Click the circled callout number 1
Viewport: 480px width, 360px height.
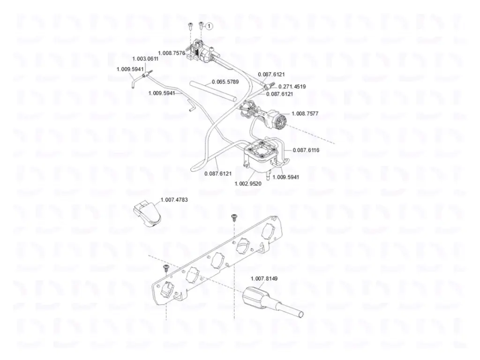tap(209, 27)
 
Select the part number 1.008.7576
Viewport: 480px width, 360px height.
tap(172, 53)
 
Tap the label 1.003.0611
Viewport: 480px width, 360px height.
tap(145, 59)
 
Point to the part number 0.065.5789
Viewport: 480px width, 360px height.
tap(225, 82)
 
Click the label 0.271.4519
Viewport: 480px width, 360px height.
tap(292, 87)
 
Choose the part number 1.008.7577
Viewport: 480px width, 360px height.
tap(305, 113)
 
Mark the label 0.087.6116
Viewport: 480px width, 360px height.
tap(306, 150)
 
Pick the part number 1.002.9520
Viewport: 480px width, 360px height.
tap(248, 184)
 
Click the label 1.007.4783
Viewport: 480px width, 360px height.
tap(174, 200)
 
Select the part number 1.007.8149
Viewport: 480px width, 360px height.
tap(264, 278)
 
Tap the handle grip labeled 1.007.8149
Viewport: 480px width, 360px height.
tap(272, 301)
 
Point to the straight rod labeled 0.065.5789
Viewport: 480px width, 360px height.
tap(213, 91)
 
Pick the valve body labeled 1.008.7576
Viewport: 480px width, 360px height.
tap(200, 52)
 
